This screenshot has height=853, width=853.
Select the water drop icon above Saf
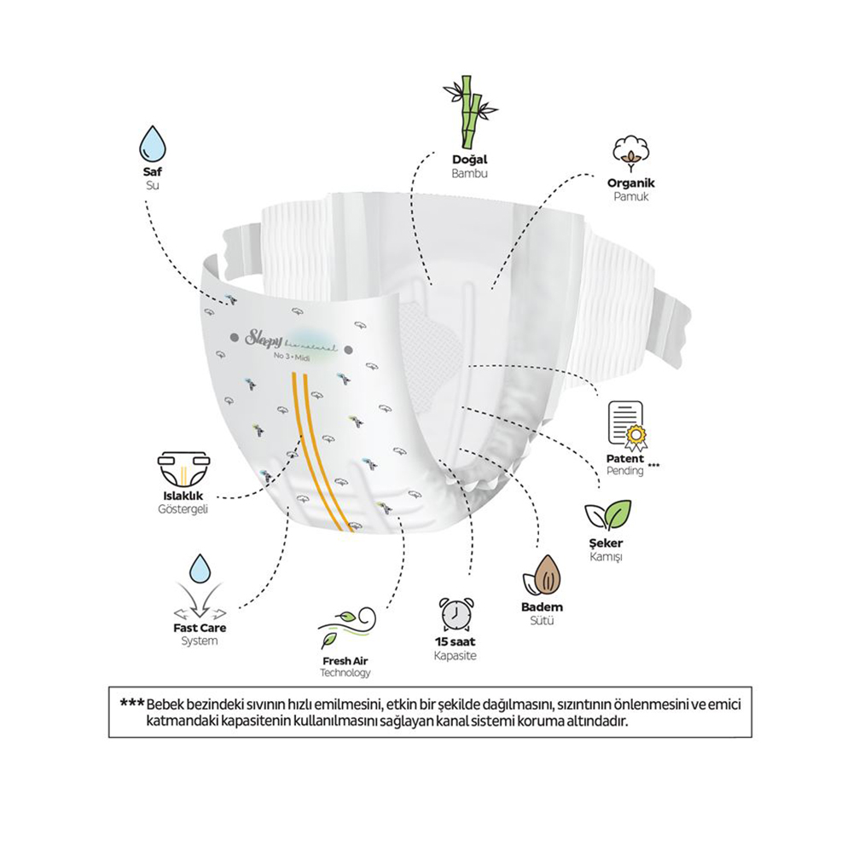pos(153,143)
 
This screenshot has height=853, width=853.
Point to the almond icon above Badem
pos(543,576)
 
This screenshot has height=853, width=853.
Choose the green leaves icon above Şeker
pos(607,515)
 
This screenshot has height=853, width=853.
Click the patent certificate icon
pos(628,426)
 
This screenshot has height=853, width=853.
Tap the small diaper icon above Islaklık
pos(184,468)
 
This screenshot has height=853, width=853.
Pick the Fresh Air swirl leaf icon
pos(346,627)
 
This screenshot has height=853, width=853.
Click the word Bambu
pos(469,173)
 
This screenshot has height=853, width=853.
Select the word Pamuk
pos(631,196)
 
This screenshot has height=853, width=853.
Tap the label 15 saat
pos(456,641)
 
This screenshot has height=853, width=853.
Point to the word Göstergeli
pos(183,510)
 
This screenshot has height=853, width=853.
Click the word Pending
pos(625,471)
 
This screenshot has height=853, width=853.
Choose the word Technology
pos(345,673)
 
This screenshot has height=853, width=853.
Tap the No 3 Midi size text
pos(292,357)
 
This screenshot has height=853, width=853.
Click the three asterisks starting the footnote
pos(131,704)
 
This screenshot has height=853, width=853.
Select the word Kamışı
pos(606,557)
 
